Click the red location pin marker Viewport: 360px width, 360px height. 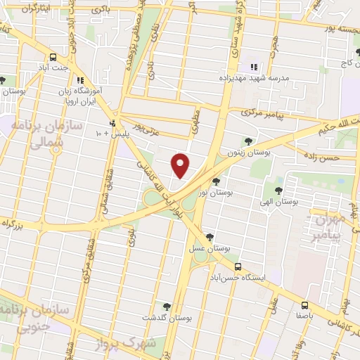click(x=181, y=165)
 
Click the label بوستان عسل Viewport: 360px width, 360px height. click(x=206, y=249)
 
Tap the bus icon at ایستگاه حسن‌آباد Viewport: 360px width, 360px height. click(x=238, y=266)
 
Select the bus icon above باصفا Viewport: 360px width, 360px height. click(x=305, y=305)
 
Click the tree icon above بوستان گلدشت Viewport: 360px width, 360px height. click(x=167, y=306)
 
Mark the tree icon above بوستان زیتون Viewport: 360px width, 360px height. click(x=247, y=141)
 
